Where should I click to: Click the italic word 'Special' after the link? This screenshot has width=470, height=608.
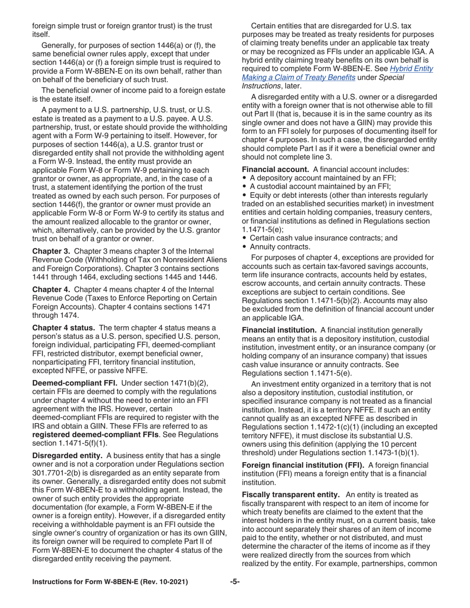point(391,77)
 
